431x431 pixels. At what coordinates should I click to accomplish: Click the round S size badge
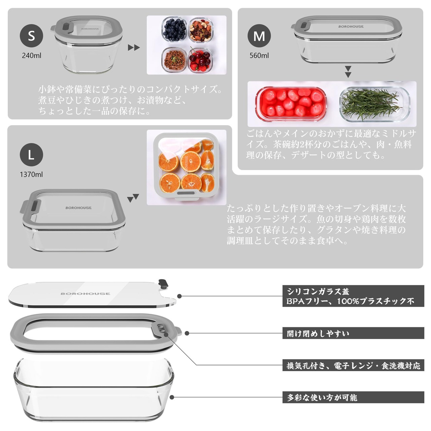(31, 36)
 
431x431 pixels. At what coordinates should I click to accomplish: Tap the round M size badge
(259, 36)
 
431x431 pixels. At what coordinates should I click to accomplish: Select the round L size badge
(31, 155)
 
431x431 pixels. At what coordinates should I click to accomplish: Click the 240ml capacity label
(32, 56)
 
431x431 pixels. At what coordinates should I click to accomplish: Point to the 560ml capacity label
(259, 56)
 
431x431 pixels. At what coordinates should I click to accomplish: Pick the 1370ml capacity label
(31, 174)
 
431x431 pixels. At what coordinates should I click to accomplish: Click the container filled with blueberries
(174, 29)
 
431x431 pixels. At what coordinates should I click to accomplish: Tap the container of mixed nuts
(200, 30)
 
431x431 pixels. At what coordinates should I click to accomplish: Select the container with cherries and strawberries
(200, 60)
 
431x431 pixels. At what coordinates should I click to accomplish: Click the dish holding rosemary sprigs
(375, 104)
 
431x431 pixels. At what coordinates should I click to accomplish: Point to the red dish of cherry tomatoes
(291, 104)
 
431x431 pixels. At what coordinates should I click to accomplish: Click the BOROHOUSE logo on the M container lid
(351, 27)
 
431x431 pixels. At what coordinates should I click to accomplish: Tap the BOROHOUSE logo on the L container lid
(78, 208)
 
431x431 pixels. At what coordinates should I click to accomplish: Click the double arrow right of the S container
(134, 47)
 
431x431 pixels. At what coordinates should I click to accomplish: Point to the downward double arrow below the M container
(348, 72)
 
